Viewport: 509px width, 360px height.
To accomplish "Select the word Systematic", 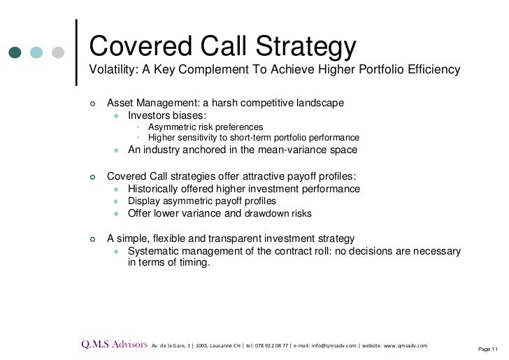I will tap(156, 251).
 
